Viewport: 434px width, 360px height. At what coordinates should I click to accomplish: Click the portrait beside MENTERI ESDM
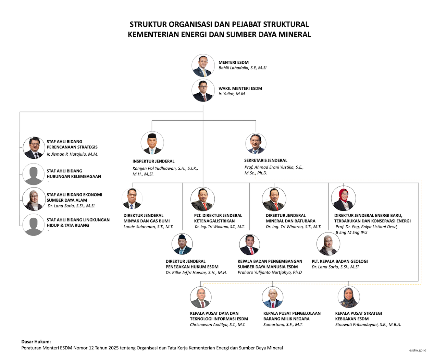click(x=203, y=65)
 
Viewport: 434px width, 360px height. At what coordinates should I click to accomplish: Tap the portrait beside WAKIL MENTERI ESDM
click(x=203, y=91)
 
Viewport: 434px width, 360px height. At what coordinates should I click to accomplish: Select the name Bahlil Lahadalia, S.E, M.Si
click(x=243, y=68)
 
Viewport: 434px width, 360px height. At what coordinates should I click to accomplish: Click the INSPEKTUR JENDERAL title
click(x=153, y=161)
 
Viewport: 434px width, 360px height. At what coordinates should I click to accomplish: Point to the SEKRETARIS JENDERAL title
click(x=265, y=160)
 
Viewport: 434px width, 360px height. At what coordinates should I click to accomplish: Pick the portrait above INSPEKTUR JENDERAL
click(x=152, y=143)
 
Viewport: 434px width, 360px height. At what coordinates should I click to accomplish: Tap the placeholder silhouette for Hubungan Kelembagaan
click(x=33, y=174)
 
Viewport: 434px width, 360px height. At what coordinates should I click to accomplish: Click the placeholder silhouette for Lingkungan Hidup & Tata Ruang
click(x=33, y=225)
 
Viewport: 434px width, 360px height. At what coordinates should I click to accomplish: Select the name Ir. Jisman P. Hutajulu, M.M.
click(x=73, y=154)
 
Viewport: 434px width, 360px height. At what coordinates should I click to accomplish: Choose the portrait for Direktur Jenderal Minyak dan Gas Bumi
click(x=132, y=199)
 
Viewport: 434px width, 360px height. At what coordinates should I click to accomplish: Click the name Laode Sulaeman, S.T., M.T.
click(x=148, y=227)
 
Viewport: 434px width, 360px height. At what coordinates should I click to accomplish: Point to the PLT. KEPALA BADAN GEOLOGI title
click(x=339, y=261)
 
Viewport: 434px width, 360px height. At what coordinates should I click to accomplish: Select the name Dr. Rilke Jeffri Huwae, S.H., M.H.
click(x=196, y=273)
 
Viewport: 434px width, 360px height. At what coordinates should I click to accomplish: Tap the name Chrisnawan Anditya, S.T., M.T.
click(x=218, y=324)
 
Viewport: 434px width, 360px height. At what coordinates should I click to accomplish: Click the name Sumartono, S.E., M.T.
click(x=283, y=324)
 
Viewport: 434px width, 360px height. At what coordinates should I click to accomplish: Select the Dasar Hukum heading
click(x=36, y=341)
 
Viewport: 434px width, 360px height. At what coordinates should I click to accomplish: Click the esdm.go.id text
click(x=418, y=350)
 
